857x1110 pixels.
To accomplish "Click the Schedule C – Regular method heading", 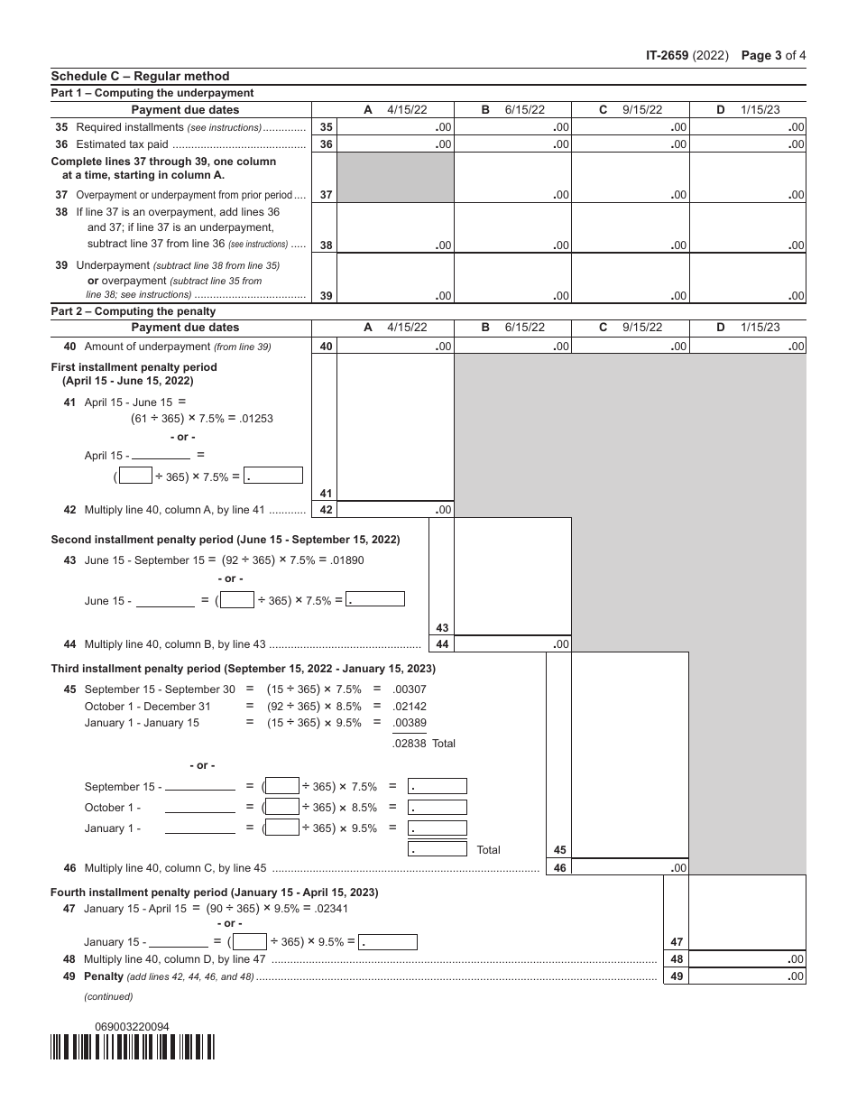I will (x=140, y=77).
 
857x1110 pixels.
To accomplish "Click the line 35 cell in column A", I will (x=395, y=127).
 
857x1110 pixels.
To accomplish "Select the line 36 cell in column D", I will (x=747, y=144).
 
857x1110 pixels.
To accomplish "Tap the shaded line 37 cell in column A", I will (x=395, y=178).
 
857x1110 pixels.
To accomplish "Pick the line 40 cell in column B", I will (x=512, y=346).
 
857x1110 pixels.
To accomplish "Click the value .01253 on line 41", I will (x=256, y=419).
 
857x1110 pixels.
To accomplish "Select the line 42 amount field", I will (x=395, y=510).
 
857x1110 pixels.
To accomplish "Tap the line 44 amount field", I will (x=512, y=644).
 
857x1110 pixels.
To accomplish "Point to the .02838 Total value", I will (x=410, y=744).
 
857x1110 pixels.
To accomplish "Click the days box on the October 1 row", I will (x=283, y=807).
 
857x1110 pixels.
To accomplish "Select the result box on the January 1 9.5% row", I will (x=438, y=828).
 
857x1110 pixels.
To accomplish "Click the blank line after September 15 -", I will (x=199, y=787).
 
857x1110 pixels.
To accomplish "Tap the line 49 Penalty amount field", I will (x=747, y=976).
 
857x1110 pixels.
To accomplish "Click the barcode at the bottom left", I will (x=133, y=1047).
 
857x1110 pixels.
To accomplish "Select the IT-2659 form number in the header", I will (x=667, y=55).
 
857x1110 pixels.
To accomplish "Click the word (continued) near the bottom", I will (x=108, y=996).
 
